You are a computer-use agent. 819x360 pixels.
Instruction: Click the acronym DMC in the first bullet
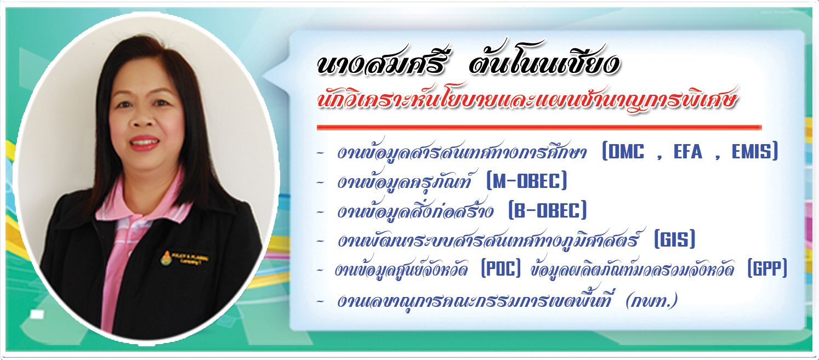pyautogui.click(x=627, y=152)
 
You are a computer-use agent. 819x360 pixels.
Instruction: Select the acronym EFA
pyautogui.click(x=688, y=152)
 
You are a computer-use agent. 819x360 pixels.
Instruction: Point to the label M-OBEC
pyautogui.click(x=527, y=181)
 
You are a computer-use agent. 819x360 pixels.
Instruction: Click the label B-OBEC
pyautogui.click(x=548, y=210)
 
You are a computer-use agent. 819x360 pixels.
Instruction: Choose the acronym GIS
pyautogui.click(x=675, y=240)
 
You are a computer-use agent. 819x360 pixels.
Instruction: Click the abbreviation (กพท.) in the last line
pyautogui.click(x=651, y=300)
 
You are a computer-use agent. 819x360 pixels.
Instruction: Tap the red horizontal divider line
pyautogui.click(x=539, y=127)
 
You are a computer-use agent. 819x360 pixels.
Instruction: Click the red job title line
pyautogui.click(x=526, y=99)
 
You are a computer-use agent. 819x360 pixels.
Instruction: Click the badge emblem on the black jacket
pyautogui.click(x=167, y=258)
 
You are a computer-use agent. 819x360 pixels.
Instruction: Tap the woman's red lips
pyautogui.click(x=144, y=143)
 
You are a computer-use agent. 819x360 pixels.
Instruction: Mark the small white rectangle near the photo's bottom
pyautogui.click(x=37, y=315)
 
